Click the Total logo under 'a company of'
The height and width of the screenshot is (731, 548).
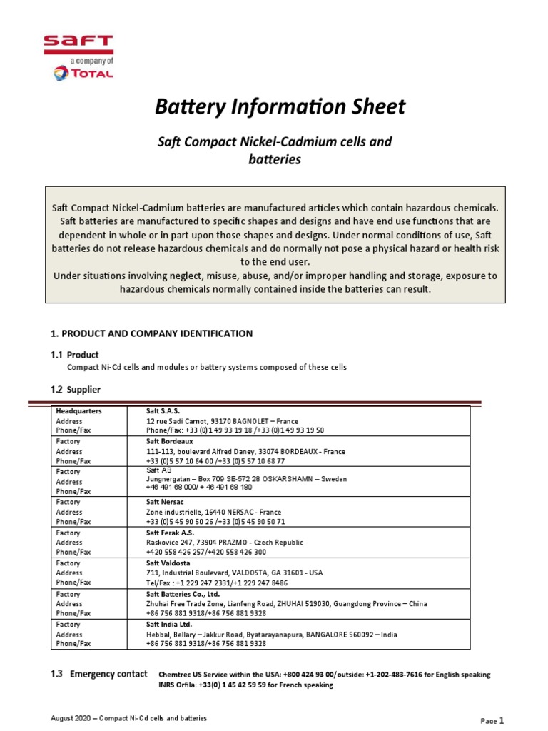(x=82, y=73)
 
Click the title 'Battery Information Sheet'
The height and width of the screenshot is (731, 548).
(x=280, y=107)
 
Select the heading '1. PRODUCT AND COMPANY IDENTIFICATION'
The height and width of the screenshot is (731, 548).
(x=151, y=333)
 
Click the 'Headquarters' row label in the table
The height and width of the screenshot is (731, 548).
(x=78, y=411)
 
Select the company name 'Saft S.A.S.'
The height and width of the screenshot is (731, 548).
(x=163, y=411)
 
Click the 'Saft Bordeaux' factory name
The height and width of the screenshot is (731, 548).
(x=170, y=441)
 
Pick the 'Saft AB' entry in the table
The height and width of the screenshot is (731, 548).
(x=158, y=470)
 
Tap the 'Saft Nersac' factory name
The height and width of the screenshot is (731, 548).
(x=166, y=502)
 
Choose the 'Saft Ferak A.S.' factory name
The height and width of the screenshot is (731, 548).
(x=170, y=533)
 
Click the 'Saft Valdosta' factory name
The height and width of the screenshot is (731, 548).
(x=168, y=563)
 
